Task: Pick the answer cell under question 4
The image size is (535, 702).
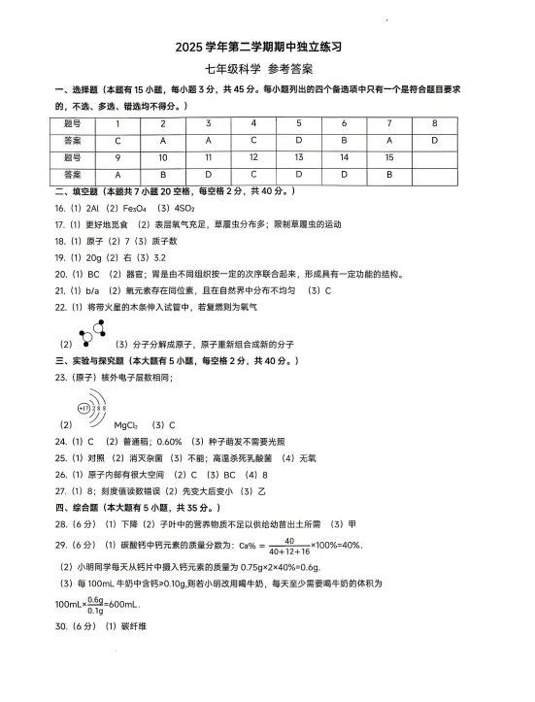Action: [x=252, y=141]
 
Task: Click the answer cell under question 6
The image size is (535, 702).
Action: [x=344, y=141]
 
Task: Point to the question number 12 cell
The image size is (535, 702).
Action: [x=252, y=157]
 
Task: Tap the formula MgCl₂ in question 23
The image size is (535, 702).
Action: [x=127, y=425]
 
